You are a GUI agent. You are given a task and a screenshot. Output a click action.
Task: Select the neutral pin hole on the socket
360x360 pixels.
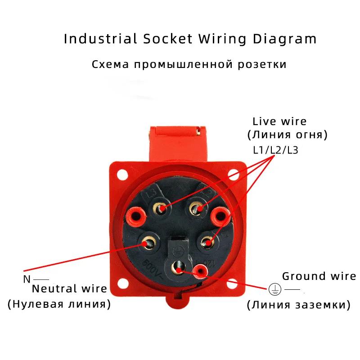(x=148, y=243)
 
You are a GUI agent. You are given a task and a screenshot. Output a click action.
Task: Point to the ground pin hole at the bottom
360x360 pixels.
(x=179, y=269)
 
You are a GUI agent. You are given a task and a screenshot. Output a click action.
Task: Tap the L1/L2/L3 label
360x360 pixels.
(x=275, y=150)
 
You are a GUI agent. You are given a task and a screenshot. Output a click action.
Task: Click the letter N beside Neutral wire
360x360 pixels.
(x=27, y=279)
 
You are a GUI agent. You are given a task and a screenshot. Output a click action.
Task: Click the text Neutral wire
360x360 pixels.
(x=69, y=288)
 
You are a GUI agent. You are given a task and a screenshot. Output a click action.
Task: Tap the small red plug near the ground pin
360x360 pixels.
(x=200, y=271)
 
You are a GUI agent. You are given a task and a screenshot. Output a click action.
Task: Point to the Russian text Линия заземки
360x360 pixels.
(x=298, y=305)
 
